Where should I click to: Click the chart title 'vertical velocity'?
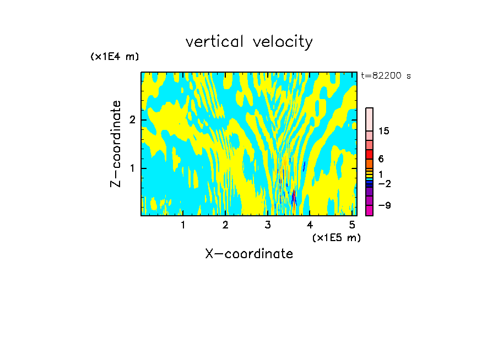tap(249, 42)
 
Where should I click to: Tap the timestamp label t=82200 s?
tap(386, 76)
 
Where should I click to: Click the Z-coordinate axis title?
tap(116, 144)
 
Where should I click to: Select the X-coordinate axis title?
tap(249, 254)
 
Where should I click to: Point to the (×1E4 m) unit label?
tap(115, 57)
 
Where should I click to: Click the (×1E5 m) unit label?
tap(336, 237)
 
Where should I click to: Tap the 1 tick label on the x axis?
tap(183, 225)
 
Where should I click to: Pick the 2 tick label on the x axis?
tap(225, 225)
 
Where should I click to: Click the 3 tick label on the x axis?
tap(268, 225)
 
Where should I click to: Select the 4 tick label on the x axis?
tap(310, 225)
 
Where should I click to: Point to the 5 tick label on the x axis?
tap(353, 225)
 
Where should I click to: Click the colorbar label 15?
tap(384, 131)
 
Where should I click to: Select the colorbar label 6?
tap(381, 159)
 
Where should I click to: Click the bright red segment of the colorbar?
tap(369, 154)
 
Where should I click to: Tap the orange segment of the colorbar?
tap(369, 163)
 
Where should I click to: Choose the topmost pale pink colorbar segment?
tap(369, 119)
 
